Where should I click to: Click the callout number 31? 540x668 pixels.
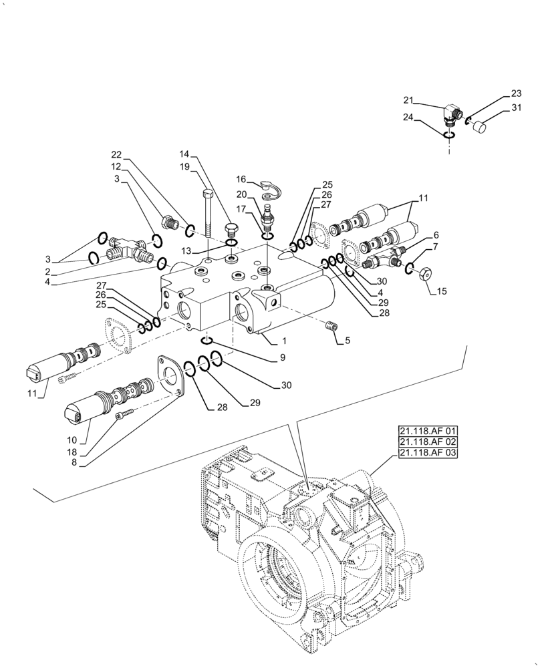tap(516, 108)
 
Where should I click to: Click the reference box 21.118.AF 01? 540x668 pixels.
tap(427, 431)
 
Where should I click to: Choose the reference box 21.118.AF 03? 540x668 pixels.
tap(427, 453)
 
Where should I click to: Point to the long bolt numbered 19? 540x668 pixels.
tap(207, 214)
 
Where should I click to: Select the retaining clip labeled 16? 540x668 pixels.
tap(271, 189)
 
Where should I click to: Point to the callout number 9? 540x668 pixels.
tap(283, 358)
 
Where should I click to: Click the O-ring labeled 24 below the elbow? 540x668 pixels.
tap(449, 135)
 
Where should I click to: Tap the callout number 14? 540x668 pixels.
tap(184, 154)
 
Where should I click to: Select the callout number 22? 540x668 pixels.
tap(117, 154)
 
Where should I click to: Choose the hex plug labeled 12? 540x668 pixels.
tap(168, 220)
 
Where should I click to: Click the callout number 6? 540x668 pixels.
tap(436, 235)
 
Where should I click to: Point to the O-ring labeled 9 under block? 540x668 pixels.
tap(207, 341)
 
